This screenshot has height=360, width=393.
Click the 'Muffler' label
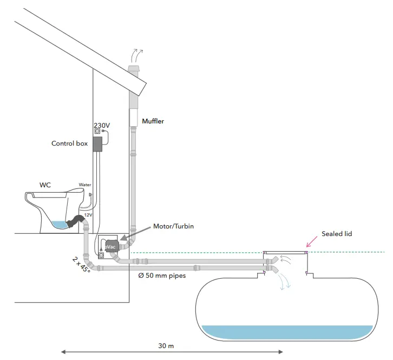click(x=153, y=121)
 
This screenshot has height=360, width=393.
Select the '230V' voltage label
click(x=102, y=125)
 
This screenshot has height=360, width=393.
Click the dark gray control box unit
click(x=97, y=143)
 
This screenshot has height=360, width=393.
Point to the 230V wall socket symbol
click(x=97, y=132)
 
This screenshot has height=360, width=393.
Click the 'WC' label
click(x=45, y=185)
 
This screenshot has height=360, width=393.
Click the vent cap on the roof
click(x=133, y=69)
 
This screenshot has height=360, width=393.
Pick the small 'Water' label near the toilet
click(x=86, y=184)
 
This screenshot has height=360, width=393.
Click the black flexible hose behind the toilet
click(x=76, y=221)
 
